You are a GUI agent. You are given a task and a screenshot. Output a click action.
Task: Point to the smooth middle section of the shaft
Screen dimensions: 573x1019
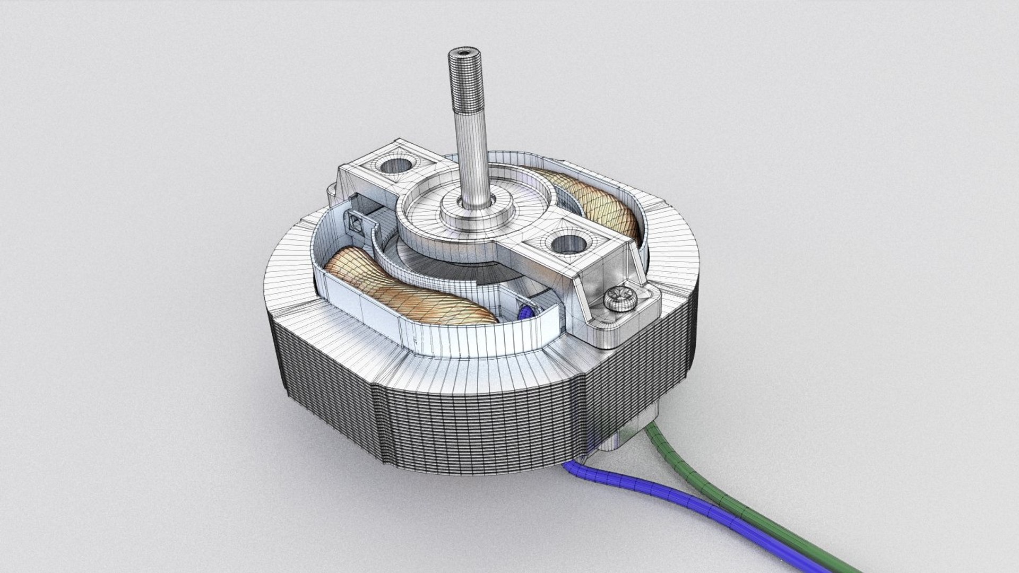tap(467, 159)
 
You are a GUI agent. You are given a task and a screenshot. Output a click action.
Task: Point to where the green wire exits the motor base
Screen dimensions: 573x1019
tap(651, 424)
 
